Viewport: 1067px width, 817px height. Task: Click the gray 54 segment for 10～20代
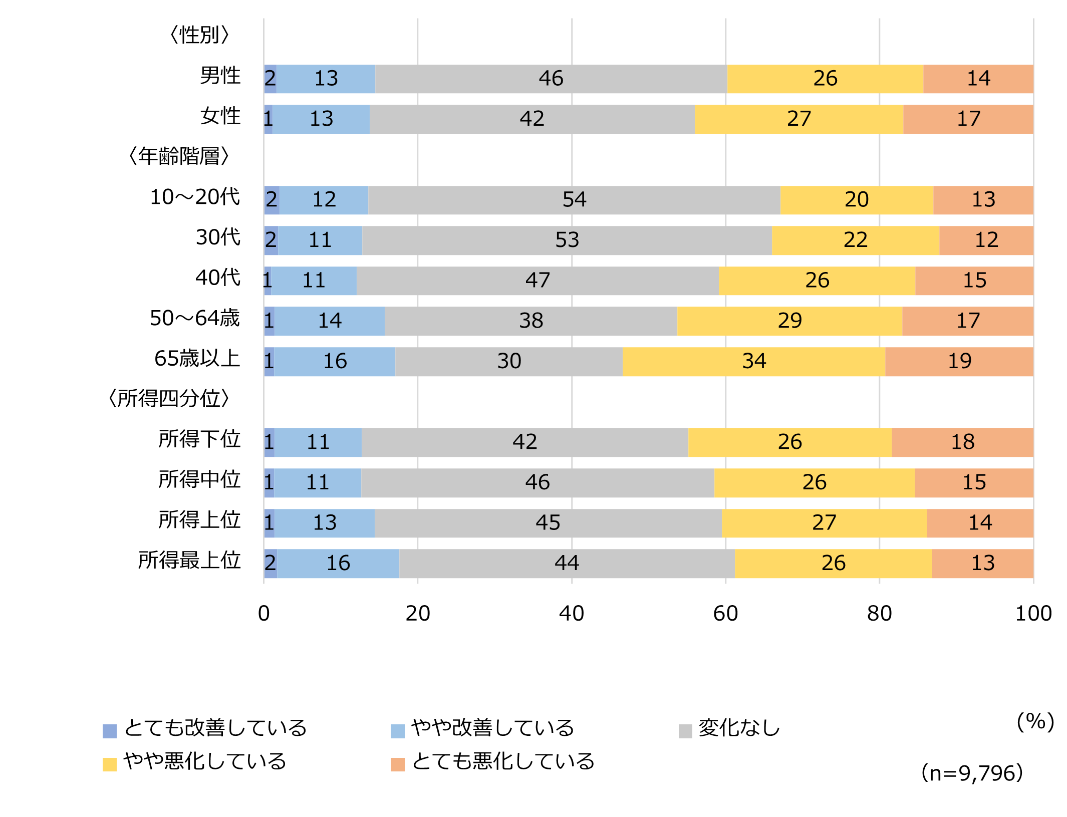(x=574, y=200)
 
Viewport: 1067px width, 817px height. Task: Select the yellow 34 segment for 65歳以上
(x=753, y=361)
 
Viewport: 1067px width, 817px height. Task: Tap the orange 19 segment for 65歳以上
(x=959, y=361)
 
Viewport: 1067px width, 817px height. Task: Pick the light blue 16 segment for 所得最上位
(x=338, y=563)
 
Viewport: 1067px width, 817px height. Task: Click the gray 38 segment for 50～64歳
(x=530, y=321)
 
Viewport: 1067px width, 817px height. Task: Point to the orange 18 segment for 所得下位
(x=962, y=442)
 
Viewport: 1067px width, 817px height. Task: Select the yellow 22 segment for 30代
(x=855, y=240)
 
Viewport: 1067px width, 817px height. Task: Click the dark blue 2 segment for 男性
(x=271, y=79)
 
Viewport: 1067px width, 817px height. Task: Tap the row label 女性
(x=220, y=116)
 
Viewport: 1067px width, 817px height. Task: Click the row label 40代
(x=218, y=278)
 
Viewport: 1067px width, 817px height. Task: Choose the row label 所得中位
(x=199, y=479)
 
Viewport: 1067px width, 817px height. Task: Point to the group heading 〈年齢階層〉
(x=179, y=156)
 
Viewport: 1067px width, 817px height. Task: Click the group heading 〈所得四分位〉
(x=169, y=399)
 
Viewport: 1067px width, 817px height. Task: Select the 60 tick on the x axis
(x=725, y=614)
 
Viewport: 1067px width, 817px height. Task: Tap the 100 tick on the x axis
(x=1033, y=614)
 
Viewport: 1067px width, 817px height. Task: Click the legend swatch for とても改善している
(x=110, y=731)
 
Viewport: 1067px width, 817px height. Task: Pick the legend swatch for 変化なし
(x=685, y=731)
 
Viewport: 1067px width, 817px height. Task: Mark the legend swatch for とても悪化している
(x=397, y=764)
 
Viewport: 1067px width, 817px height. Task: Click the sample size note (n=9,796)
(x=972, y=773)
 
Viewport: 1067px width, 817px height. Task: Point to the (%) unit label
(x=1035, y=722)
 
